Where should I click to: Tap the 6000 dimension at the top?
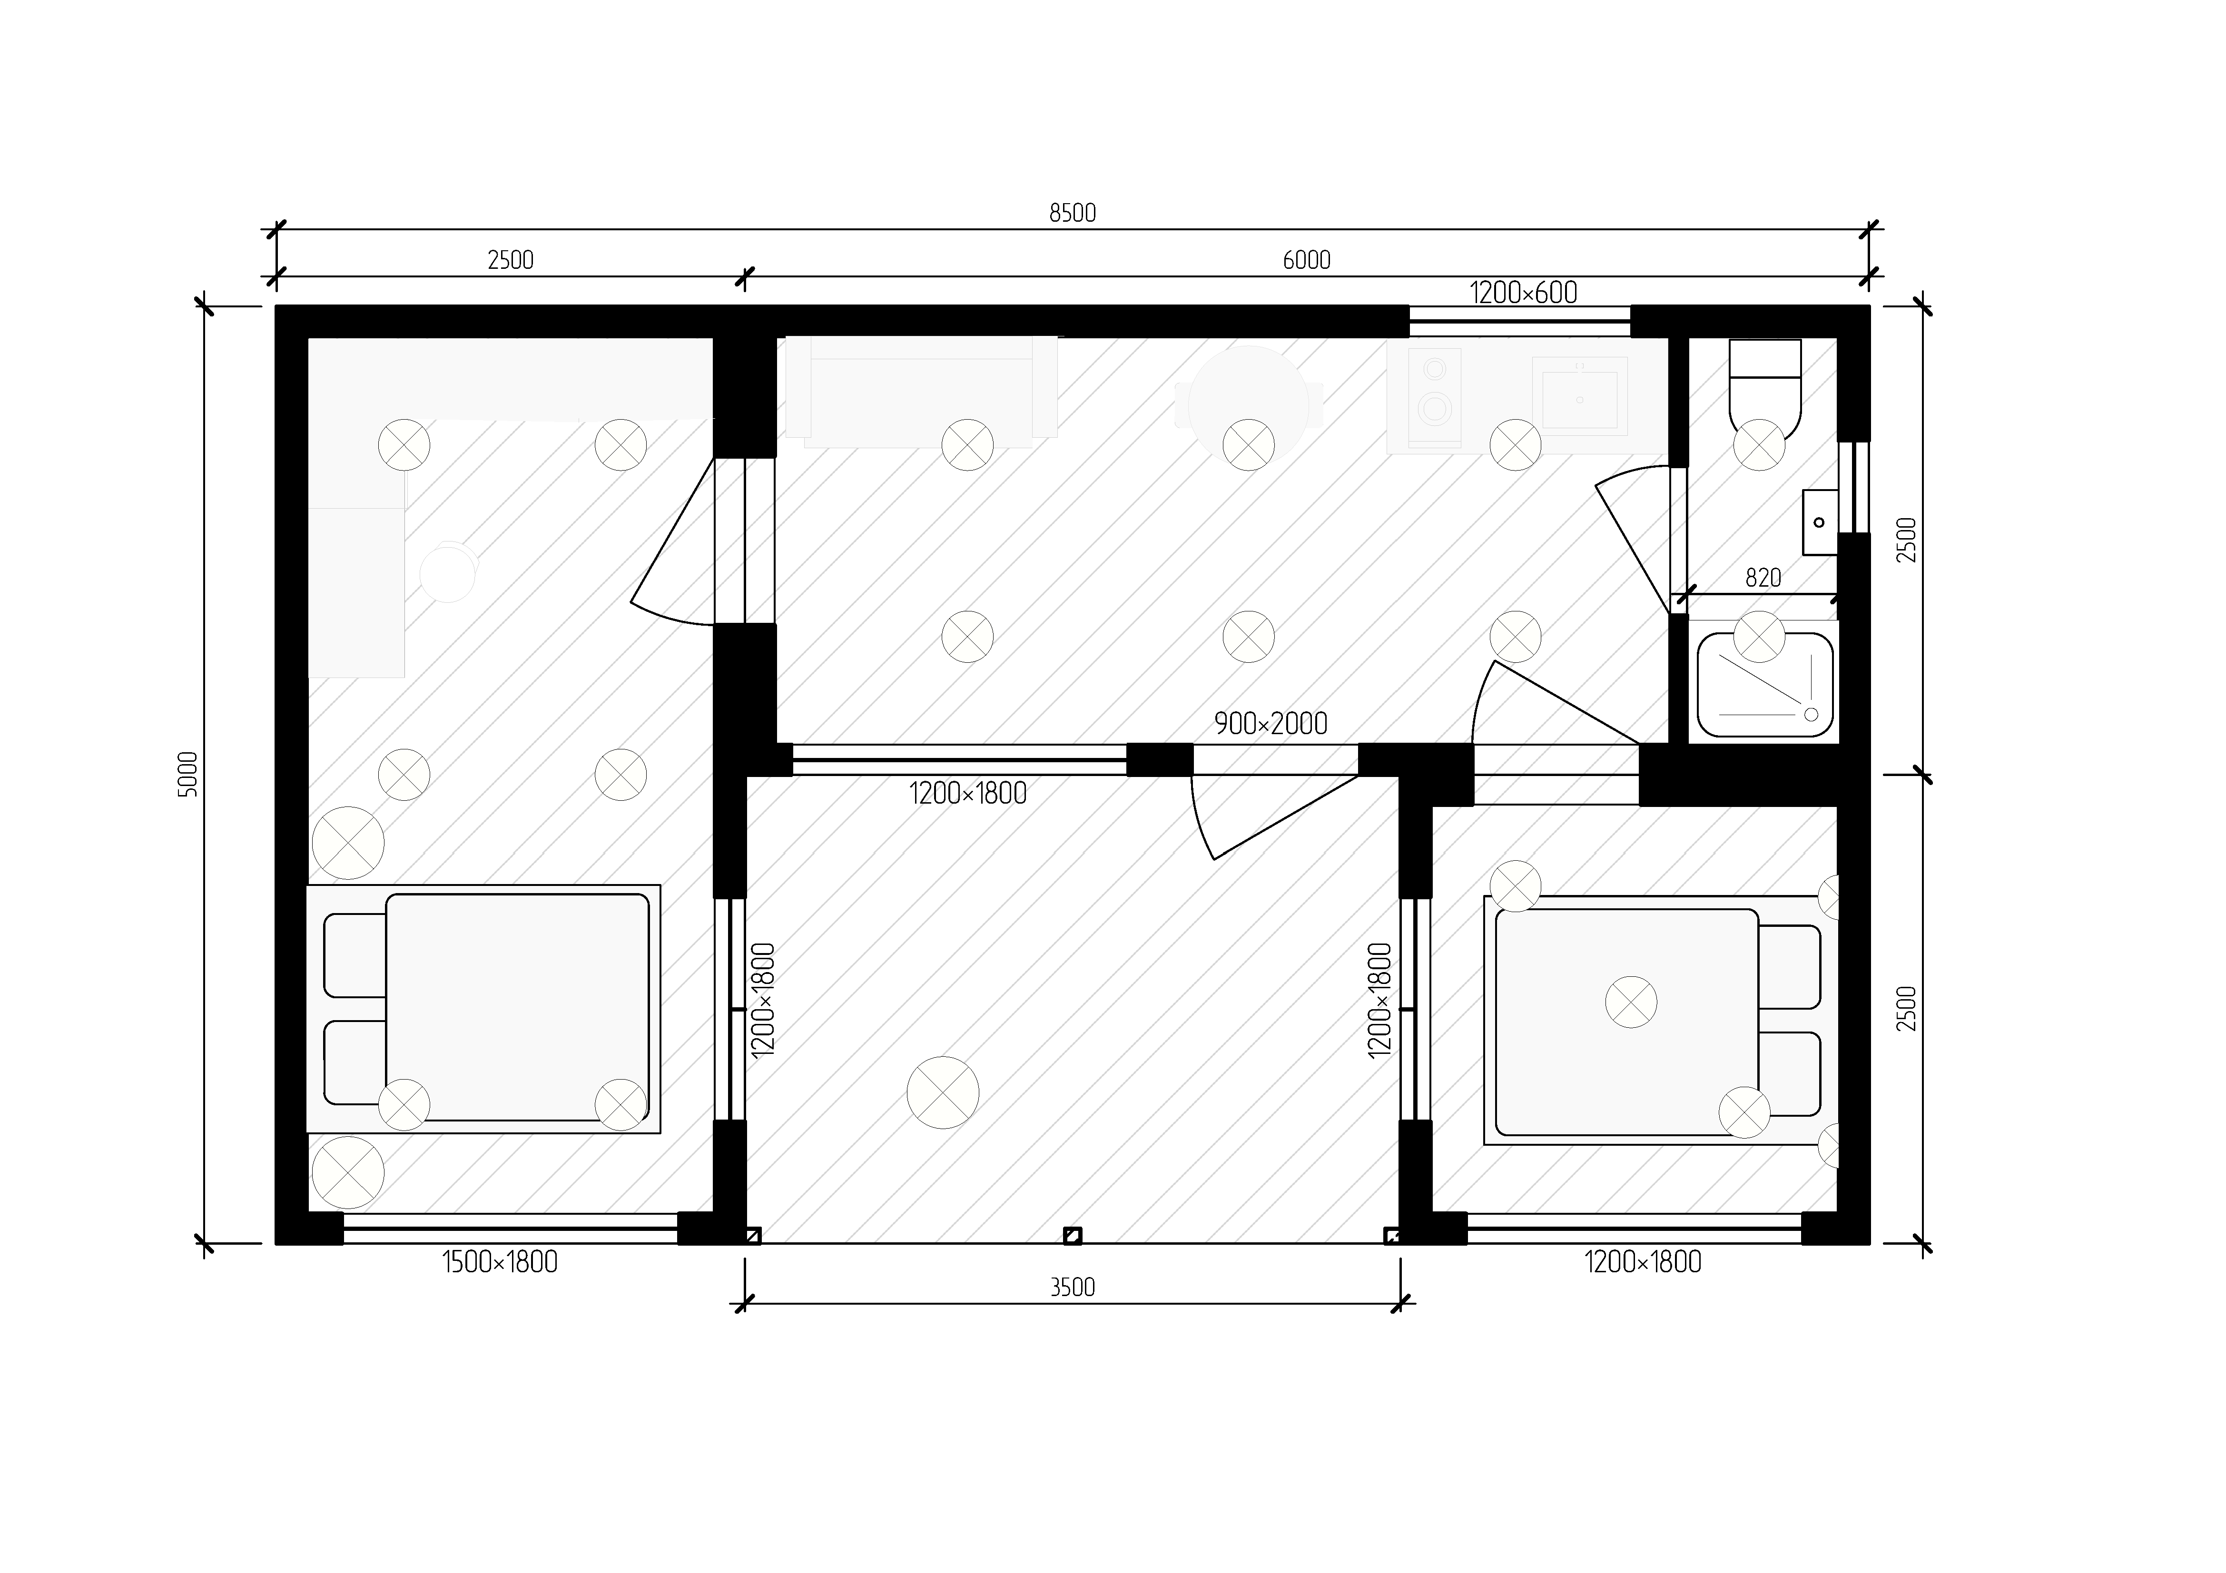coord(1306,260)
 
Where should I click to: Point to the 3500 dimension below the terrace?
coord(1072,1287)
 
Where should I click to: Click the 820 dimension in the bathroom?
coord(1763,579)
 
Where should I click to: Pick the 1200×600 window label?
coord(1523,293)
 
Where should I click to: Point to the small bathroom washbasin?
coord(1820,522)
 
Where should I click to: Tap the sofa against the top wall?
coord(921,392)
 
